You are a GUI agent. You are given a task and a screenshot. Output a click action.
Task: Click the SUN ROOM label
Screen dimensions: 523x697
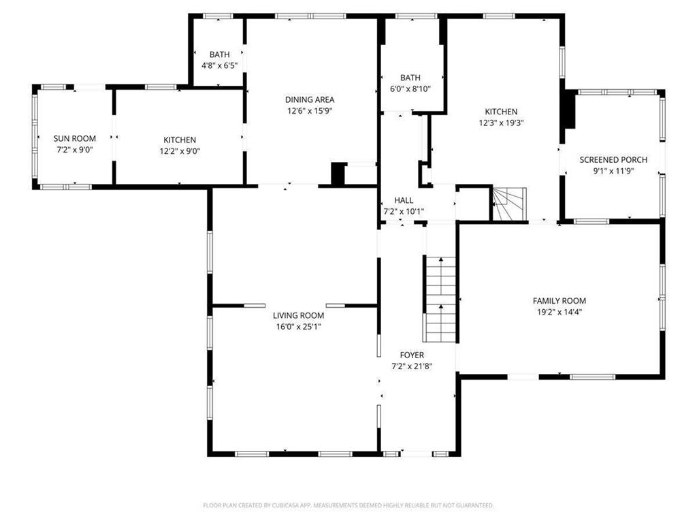[75, 138]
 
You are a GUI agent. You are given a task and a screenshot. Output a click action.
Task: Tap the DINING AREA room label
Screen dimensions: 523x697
[310, 99]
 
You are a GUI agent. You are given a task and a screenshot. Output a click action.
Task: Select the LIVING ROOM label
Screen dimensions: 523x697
[298, 315]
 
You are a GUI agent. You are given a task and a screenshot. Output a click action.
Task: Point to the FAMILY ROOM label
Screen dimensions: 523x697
[559, 300]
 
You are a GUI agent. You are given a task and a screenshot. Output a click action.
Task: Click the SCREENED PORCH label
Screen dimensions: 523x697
[613, 159]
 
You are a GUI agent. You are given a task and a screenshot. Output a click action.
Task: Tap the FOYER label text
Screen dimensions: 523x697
[412, 355]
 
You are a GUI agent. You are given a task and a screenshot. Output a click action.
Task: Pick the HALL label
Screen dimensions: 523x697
[404, 200]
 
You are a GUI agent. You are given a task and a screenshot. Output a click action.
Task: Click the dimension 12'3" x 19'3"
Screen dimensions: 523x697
[501, 123]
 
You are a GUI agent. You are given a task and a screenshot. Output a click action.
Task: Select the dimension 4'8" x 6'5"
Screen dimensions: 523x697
[219, 66]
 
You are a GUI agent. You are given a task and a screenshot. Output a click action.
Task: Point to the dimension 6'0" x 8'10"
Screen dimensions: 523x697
[410, 89]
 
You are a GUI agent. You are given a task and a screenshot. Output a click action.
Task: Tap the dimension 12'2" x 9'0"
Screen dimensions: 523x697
[180, 151]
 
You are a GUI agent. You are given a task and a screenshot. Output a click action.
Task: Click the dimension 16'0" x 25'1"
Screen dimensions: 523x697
[298, 327]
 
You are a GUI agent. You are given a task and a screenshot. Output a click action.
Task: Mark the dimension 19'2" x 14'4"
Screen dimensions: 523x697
[559, 312]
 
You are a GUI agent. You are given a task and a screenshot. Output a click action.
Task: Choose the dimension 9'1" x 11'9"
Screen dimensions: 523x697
[613, 171]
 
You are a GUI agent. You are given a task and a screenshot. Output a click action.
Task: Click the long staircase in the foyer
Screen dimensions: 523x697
[440, 300]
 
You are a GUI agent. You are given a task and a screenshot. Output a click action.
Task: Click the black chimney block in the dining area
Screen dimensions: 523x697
[338, 174]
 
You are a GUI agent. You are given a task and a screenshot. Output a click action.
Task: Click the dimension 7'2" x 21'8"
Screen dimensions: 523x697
[412, 366]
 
